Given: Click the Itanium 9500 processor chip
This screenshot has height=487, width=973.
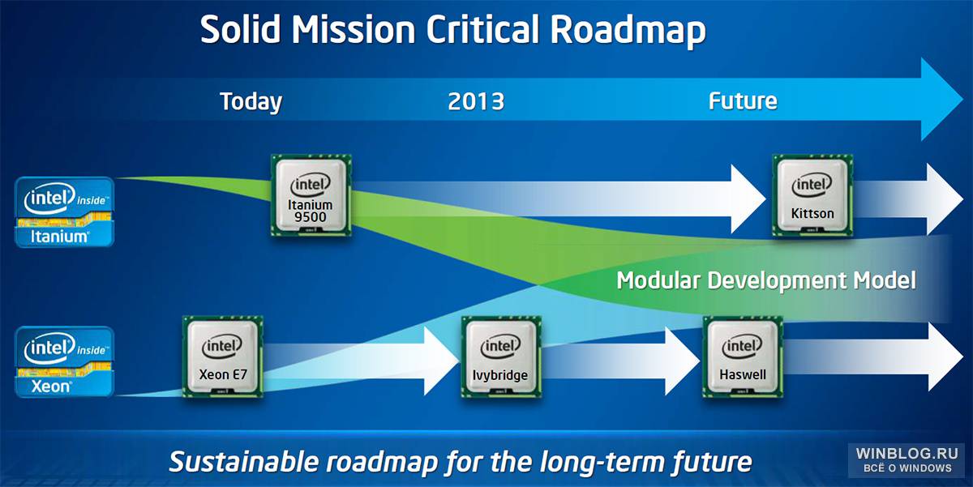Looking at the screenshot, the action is click(x=311, y=195).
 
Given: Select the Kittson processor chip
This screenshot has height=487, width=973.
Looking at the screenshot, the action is click(x=812, y=195).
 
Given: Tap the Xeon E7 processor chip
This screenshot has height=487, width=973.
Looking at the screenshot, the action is click(x=223, y=357).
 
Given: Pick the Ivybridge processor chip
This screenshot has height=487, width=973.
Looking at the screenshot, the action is click(x=501, y=357).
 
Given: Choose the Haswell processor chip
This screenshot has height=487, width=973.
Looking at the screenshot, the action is click(x=743, y=357).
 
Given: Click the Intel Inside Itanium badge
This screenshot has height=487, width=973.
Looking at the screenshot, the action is click(x=64, y=211).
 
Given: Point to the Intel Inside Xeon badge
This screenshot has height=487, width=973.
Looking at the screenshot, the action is click(x=64, y=361).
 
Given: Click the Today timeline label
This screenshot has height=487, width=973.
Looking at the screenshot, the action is click(x=251, y=102).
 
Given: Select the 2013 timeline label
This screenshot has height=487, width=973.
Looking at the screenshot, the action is click(x=476, y=101).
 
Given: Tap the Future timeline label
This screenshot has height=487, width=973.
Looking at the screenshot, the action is click(x=743, y=101).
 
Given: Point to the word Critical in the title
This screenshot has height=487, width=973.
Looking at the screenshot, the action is click(x=482, y=29).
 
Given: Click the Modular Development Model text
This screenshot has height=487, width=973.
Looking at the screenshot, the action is click(x=766, y=280).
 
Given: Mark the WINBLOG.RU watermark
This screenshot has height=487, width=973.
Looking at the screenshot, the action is click(x=907, y=459).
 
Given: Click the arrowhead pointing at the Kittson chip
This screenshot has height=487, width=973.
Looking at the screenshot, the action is click(x=748, y=199).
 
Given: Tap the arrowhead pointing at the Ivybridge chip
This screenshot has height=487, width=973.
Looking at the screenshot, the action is click(x=441, y=361).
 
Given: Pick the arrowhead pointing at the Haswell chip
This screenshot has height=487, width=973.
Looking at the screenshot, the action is click(x=683, y=361).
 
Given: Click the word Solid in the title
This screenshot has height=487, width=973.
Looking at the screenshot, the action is click(x=240, y=29).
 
